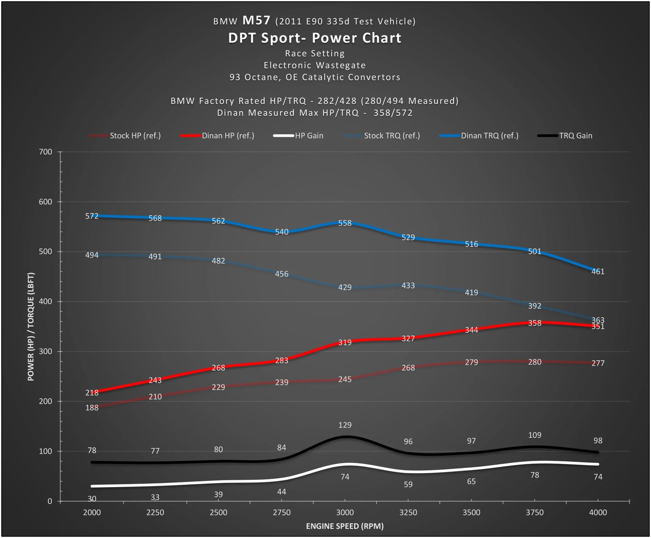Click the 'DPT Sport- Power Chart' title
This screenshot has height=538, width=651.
click(x=315, y=38)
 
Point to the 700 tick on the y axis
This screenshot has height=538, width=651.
click(x=46, y=152)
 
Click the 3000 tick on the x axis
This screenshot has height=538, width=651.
click(x=345, y=512)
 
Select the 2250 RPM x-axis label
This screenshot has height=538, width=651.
click(x=155, y=512)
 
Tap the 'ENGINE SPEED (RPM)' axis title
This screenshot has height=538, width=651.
click(x=345, y=526)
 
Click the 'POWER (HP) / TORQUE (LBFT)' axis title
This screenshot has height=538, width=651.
click(x=31, y=326)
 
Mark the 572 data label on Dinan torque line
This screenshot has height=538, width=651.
click(x=92, y=216)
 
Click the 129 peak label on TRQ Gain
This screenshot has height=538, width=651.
click(x=345, y=425)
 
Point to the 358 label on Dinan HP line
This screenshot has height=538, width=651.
click(x=535, y=323)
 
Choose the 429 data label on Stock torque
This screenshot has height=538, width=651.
click(x=345, y=287)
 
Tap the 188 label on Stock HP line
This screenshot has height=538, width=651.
click(x=92, y=408)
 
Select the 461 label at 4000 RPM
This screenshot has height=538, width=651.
click(x=598, y=271)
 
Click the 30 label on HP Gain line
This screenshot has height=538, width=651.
click(x=92, y=499)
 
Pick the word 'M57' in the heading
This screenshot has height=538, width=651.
click(x=256, y=20)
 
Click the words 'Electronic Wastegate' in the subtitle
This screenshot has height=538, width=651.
click(x=315, y=66)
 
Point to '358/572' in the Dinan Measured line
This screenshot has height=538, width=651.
click(x=393, y=113)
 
